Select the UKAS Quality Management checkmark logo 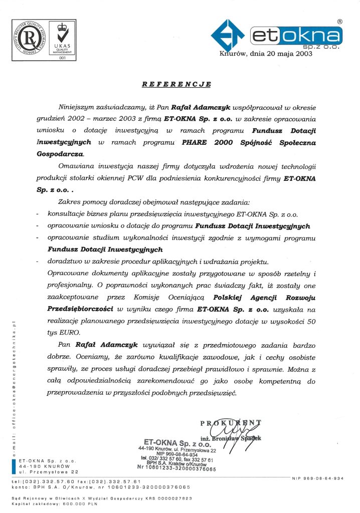pos(63,37)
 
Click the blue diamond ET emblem pos(229,36)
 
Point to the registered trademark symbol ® pos(339,22)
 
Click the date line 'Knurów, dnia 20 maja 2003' pos(266,54)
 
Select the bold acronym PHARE pos(192,143)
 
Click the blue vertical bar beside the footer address pos(13,465)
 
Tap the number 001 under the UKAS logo pos(63,58)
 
